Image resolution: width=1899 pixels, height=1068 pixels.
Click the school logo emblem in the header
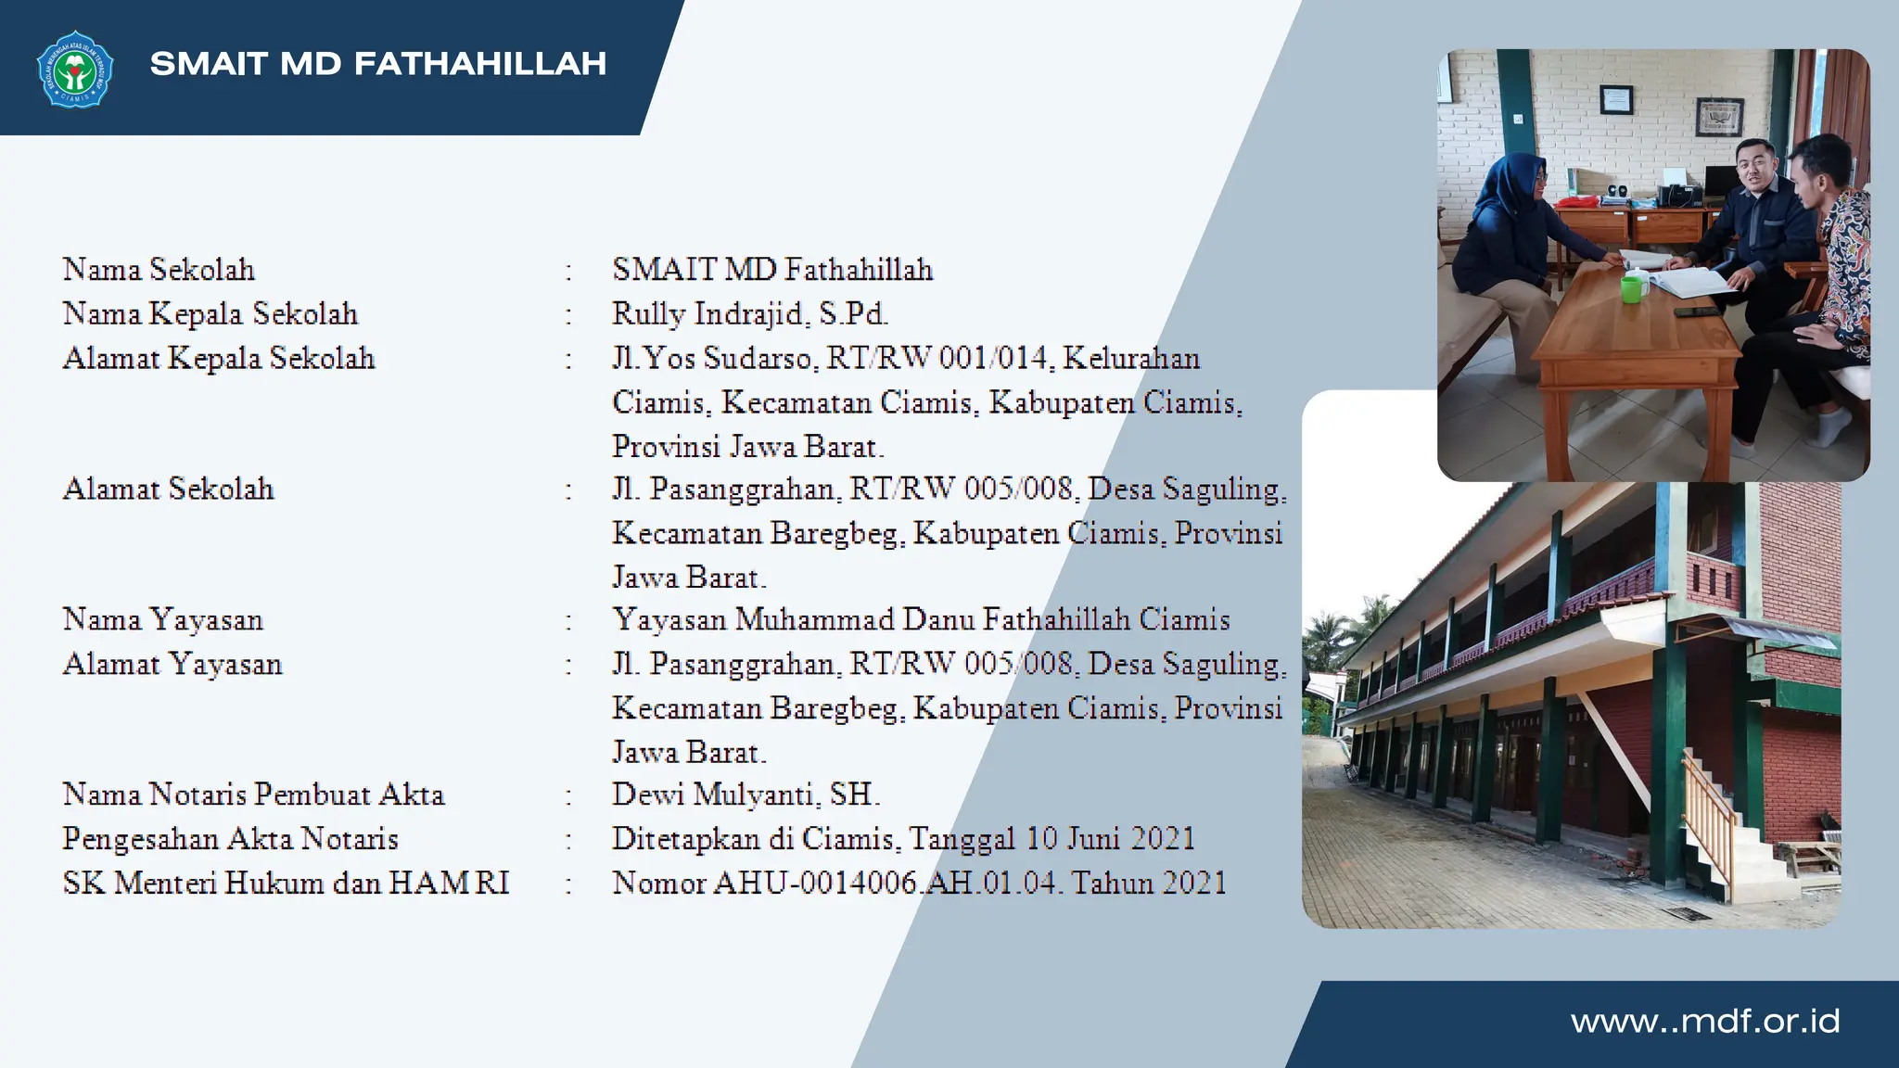coord(75,69)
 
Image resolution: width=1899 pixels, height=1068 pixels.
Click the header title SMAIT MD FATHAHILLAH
coord(378,63)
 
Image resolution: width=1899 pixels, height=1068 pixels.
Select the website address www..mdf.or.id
coord(1704,1021)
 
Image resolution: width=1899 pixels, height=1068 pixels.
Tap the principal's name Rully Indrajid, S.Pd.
coord(749,313)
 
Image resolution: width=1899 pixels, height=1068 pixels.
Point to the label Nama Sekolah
coord(159,269)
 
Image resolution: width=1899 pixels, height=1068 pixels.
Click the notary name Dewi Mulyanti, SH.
coord(746,794)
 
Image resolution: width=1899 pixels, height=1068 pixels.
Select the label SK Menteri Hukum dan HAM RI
coord(286,883)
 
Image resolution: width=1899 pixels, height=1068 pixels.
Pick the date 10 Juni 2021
coord(1110,838)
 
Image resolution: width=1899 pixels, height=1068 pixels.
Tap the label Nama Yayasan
coord(163,619)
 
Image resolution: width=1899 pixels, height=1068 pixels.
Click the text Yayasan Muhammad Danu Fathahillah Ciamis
coord(921,619)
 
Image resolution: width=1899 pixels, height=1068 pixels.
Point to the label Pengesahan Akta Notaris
coord(230,838)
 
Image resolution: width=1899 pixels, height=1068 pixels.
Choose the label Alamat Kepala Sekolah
coord(219,358)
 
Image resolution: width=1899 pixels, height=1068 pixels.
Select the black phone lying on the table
coord(1694,311)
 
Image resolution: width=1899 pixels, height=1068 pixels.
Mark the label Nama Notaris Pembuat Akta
coord(253,794)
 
